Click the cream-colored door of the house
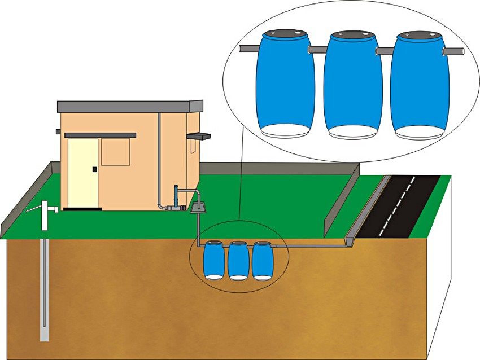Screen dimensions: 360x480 click(x=82, y=172)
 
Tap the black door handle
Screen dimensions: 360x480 click(x=94, y=169)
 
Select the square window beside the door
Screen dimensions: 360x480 click(x=115, y=152)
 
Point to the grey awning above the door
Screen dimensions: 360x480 click(x=100, y=135)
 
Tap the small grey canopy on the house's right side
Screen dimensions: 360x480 click(x=199, y=136)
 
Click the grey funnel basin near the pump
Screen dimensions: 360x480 click(x=198, y=207)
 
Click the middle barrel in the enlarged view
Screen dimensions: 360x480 click(x=352, y=85)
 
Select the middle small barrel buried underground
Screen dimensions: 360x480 click(x=238, y=261)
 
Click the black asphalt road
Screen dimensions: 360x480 click(x=407, y=203)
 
